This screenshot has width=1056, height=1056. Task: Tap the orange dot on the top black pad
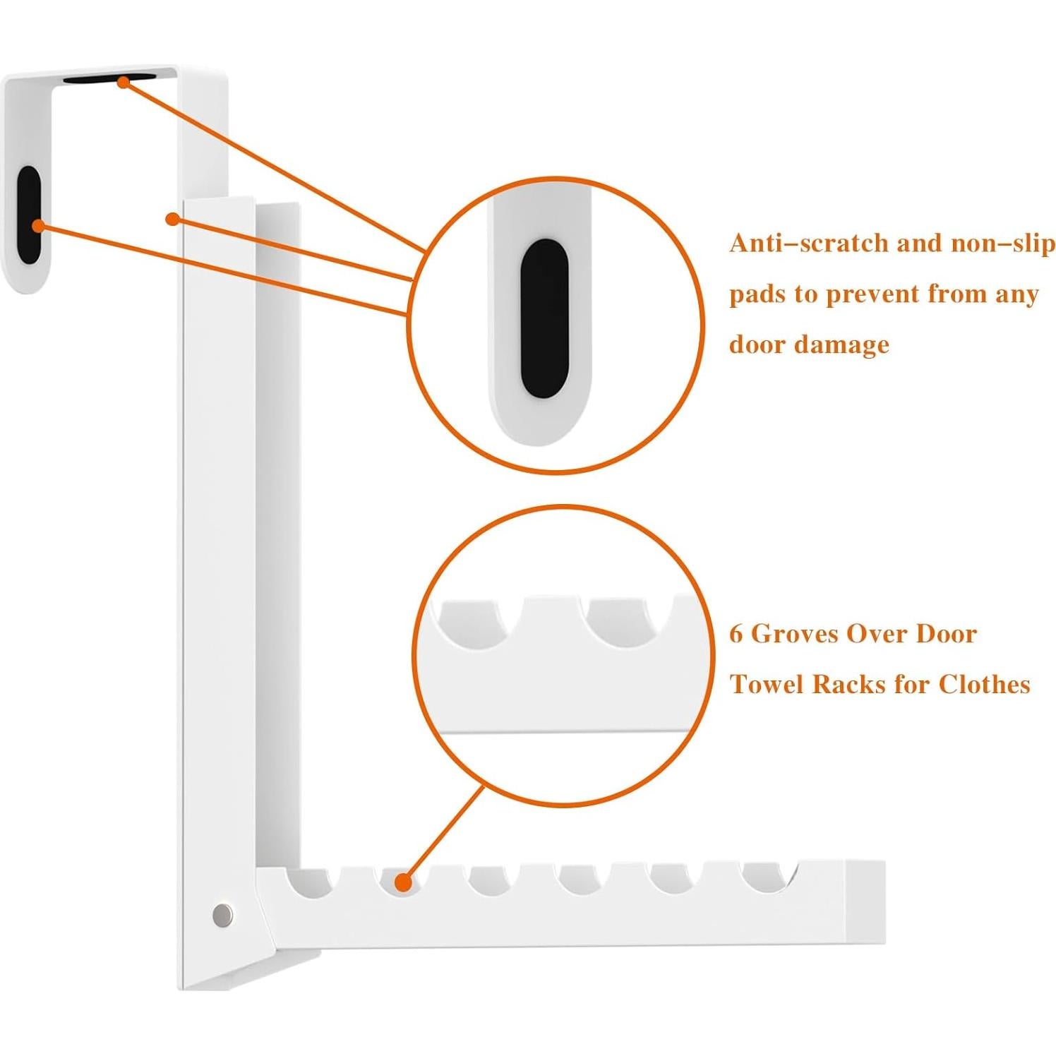click(124, 82)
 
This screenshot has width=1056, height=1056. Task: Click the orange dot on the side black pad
click(38, 225)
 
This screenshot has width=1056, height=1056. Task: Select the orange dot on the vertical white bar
click(172, 219)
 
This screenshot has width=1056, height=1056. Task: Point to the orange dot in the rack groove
click(403, 882)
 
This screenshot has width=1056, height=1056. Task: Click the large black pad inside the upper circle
click(544, 319)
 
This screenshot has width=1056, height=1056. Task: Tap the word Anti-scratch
click(808, 244)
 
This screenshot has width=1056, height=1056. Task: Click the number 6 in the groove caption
click(736, 634)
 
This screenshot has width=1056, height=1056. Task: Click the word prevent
click(872, 294)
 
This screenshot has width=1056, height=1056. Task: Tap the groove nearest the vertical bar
click(311, 880)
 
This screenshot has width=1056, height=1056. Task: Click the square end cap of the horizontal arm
click(865, 901)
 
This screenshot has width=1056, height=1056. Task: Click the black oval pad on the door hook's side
click(29, 215)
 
